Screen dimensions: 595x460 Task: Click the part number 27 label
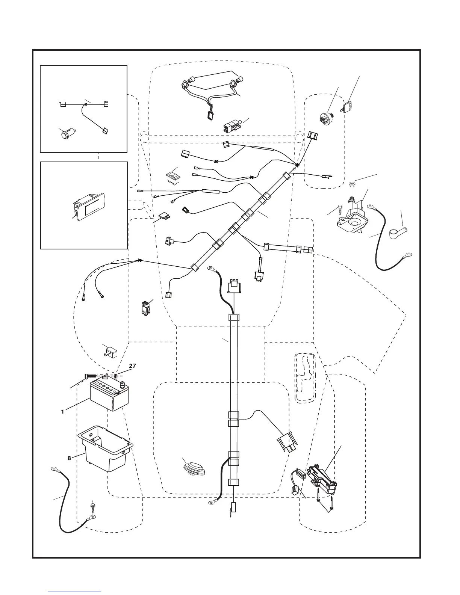point(132,365)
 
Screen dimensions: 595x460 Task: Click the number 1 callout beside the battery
point(63,412)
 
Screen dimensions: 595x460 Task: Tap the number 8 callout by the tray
point(69,458)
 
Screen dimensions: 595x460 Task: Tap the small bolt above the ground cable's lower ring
point(92,507)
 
